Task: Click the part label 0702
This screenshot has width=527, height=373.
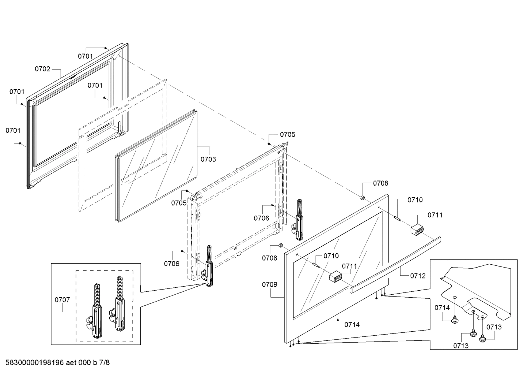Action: [x=42, y=69]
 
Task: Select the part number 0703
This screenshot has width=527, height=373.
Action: [x=208, y=159]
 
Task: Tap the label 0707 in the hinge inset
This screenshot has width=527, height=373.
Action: [x=62, y=300]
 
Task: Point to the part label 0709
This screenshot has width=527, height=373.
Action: [x=270, y=284]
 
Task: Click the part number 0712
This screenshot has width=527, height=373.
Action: [x=418, y=276]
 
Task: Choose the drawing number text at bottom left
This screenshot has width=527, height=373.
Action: [x=57, y=363]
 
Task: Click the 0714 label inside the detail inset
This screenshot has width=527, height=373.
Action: [x=442, y=308]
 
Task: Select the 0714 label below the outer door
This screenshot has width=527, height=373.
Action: [x=352, y=324]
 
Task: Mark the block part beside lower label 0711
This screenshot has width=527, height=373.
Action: [x=335, y=277]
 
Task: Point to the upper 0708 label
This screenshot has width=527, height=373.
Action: [x=380, y=183]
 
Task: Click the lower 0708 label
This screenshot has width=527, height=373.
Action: [x=269, y=258]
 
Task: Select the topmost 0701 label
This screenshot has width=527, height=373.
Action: [x=86, y=56]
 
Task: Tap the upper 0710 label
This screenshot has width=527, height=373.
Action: [x=415, y=200]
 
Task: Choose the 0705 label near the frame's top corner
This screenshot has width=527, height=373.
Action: [x=288, y=134]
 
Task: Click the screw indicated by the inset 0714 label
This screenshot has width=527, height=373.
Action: [x=455, y=321]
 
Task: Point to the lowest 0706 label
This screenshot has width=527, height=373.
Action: [x=171, y=263]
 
